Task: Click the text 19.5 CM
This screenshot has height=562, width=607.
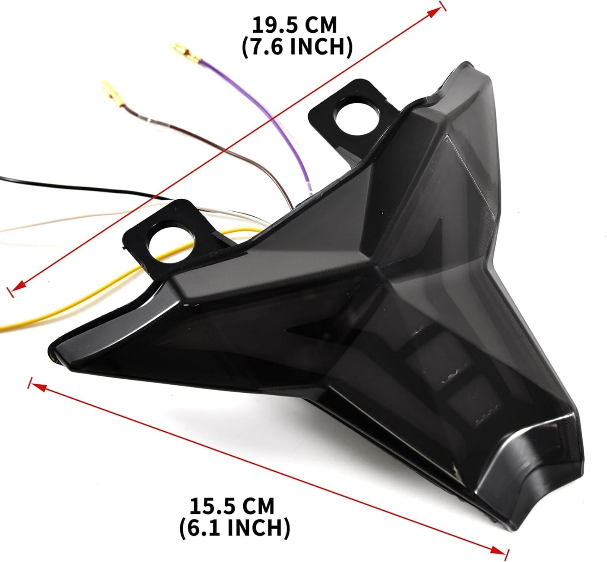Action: click(x=294, y=25)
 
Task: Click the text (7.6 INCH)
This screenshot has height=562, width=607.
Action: click(x=297, y=47)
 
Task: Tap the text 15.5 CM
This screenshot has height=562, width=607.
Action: click(x=231, y=506)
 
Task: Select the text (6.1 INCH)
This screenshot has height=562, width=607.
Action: click(x=234, y=528)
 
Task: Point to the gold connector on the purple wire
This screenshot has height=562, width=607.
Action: click(x=182, y=50)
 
